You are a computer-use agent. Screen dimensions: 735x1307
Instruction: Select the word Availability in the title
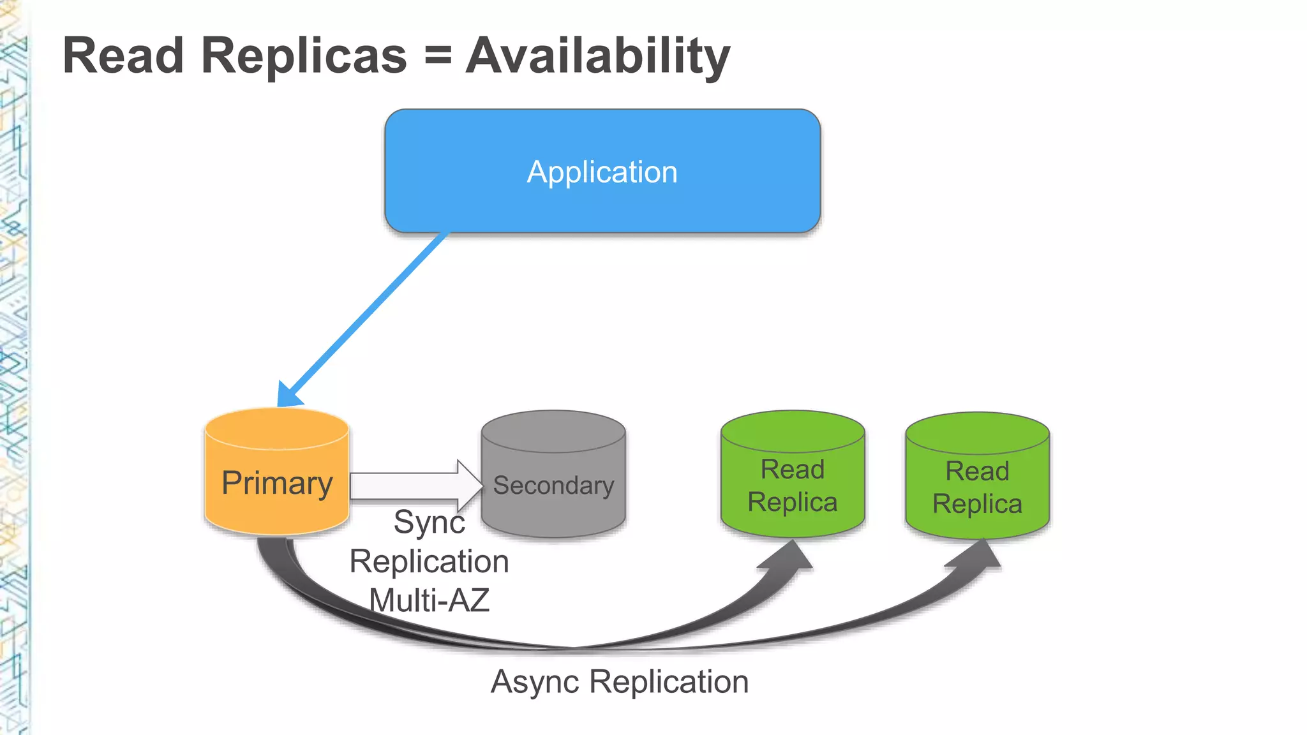tap(598, 57)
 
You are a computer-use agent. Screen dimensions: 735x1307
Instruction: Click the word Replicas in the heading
tap(304, 56)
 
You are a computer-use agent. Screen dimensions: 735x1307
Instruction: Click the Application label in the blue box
tap(602, 172)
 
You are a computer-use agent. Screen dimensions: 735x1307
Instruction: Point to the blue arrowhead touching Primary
tap(288, 394)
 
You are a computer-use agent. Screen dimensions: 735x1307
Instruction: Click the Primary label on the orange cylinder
tap(277, 483)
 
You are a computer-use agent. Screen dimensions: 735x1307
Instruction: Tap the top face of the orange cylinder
tap(277, 428)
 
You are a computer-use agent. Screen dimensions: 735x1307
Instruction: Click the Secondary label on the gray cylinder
tap(553, 486)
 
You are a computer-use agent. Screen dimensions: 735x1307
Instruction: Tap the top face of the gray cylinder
tap(553, 431)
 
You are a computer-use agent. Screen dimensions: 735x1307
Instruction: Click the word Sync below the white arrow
tap(429, 523)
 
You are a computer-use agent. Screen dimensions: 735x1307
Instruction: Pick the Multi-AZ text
tap(429, 600)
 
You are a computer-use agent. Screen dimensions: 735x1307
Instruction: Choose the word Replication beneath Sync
tap(429, 561)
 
